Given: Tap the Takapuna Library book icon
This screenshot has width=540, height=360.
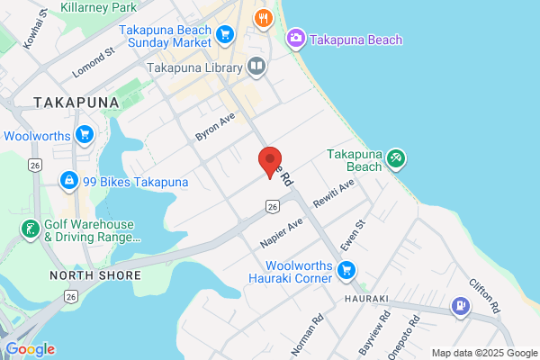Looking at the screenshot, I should click(256, 67).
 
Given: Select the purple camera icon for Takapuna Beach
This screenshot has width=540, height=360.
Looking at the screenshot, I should click(294, 39).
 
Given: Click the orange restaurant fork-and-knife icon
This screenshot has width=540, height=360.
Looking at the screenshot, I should click(263, 17).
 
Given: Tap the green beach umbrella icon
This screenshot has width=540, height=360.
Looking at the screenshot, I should click(396, 160).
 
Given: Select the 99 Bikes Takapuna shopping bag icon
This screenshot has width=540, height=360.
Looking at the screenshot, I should click(68, 182).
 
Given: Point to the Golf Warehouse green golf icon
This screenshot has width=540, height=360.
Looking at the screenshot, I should click(30, 230).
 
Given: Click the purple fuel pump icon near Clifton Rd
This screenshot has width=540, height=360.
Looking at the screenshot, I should click(462, 308).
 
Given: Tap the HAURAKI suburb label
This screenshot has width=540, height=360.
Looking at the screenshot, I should click(365, 298).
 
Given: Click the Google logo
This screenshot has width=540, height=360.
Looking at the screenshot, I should click(30, 349).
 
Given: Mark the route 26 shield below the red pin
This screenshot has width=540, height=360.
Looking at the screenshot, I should click(271, 207).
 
